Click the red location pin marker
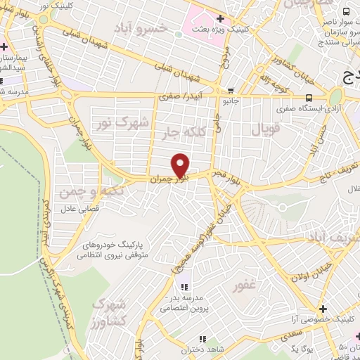click(x=181, y=165)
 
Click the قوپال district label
click(x=265, y=129)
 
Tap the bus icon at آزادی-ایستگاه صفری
click(x=309, y=99)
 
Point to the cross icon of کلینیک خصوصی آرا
click(x=323, y=308)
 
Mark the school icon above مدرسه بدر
click(x=184, y=287)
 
